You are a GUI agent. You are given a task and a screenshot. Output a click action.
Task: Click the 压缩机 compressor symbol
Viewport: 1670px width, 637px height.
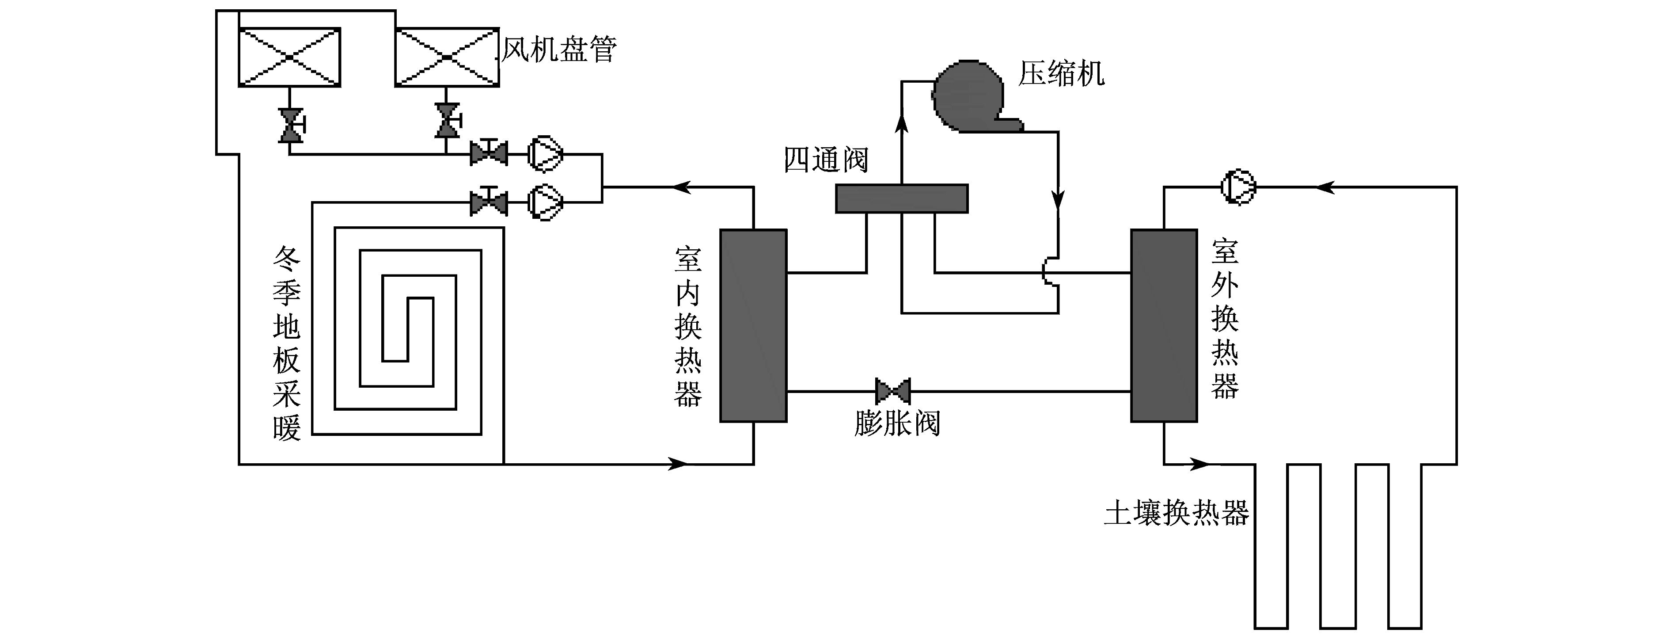point(972,97)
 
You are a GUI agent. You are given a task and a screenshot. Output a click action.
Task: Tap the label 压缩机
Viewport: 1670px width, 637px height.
point(1061,73)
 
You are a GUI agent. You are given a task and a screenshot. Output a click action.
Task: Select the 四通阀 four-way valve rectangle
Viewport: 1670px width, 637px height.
point(902,198)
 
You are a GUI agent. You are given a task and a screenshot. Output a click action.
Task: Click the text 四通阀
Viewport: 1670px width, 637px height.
point(826,160)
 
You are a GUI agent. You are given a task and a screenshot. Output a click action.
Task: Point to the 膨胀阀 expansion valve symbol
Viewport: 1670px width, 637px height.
point(893,391)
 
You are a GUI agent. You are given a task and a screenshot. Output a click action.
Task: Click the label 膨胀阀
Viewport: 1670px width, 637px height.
point(897,423)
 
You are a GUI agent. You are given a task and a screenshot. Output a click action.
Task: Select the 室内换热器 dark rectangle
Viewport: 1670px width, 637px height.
point(753,326)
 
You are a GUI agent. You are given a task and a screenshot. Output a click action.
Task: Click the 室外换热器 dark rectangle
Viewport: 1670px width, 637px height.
point(1164,326)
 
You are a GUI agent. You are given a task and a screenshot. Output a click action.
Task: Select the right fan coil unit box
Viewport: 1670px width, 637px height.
point(447,57)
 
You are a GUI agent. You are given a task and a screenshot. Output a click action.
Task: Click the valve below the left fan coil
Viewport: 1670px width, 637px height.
point(291,125)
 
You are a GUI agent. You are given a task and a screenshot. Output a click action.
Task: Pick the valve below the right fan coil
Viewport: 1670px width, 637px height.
point(447,121)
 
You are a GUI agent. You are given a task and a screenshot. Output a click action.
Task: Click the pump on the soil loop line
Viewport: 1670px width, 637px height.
point(1238,187)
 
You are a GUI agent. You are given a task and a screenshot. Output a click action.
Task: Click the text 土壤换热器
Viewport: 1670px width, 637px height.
point(1177,514)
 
